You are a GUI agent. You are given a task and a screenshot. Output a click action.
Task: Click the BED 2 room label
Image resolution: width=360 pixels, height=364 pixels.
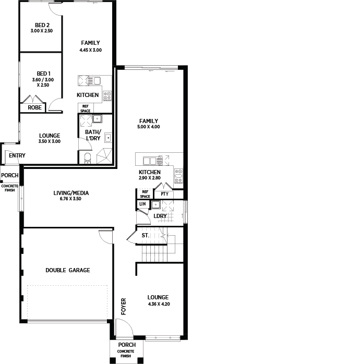pos(42,25)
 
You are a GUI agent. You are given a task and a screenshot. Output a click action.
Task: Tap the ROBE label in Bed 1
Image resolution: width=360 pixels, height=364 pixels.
pos(34,107)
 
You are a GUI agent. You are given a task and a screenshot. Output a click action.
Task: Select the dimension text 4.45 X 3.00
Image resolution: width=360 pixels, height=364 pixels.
pos(91,50)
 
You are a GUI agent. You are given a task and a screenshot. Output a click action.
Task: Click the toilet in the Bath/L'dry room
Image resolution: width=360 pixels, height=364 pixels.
pos(88,158)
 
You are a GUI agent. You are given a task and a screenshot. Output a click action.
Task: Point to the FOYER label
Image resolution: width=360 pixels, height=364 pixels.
pos(124,307)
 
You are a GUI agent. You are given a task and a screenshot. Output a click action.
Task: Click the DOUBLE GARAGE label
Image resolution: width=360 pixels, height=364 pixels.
pos(68,270)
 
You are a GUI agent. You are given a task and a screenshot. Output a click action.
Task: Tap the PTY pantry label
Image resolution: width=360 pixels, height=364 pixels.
pos(165,194)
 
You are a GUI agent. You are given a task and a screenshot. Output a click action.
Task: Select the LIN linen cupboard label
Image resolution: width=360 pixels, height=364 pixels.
pos(142,204)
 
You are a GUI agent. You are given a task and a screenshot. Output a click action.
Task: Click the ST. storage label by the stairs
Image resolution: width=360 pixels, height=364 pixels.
pos(146,235)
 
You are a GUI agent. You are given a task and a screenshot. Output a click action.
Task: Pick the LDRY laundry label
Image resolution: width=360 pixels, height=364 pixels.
pos(160,216)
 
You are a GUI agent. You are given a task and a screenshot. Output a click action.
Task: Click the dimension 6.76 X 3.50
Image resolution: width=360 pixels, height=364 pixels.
pos(70,199)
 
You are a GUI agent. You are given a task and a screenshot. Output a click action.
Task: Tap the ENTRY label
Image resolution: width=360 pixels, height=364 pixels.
pos(17,155)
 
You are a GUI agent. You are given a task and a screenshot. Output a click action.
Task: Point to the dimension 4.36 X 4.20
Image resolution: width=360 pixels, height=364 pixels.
pos(159,304)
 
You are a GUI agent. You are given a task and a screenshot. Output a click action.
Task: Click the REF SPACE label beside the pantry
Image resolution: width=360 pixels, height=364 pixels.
pos(145,194)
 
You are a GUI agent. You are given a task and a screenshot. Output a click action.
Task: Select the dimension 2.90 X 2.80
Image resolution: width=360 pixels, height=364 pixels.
pos(150,178)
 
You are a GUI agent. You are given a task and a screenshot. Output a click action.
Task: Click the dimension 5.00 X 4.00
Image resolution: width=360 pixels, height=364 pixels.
pos(149,127)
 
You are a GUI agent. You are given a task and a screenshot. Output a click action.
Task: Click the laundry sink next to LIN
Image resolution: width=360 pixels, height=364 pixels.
pos(155,205)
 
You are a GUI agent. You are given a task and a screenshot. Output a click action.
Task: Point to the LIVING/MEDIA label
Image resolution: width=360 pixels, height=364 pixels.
pos(71,193)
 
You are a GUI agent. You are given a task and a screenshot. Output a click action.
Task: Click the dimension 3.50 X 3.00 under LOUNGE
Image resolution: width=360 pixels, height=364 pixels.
pos(50,141)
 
